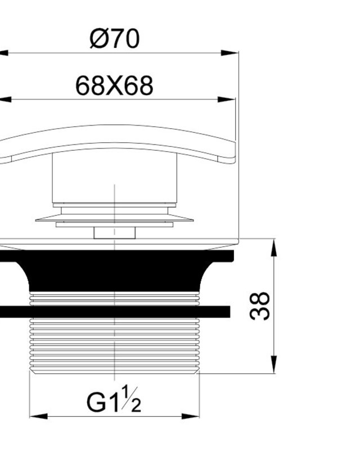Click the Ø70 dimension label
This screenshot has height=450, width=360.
[x=115, y=38]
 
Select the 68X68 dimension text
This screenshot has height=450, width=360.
[x=114, y=86]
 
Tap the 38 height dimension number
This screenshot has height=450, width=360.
[x=260, y=306]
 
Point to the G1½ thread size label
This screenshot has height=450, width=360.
[x=114, y=400]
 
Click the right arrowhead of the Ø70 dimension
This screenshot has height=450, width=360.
[x=229, y=53]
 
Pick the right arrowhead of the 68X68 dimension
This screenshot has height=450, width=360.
[x=226, y=100]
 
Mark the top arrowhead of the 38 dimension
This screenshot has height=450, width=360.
[x=274, y=247]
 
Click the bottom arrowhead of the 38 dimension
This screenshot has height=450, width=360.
[x=274, y=364]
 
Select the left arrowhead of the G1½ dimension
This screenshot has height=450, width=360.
[x=38, y=416]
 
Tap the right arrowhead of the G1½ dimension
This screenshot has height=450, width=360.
[x=190, y=416]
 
